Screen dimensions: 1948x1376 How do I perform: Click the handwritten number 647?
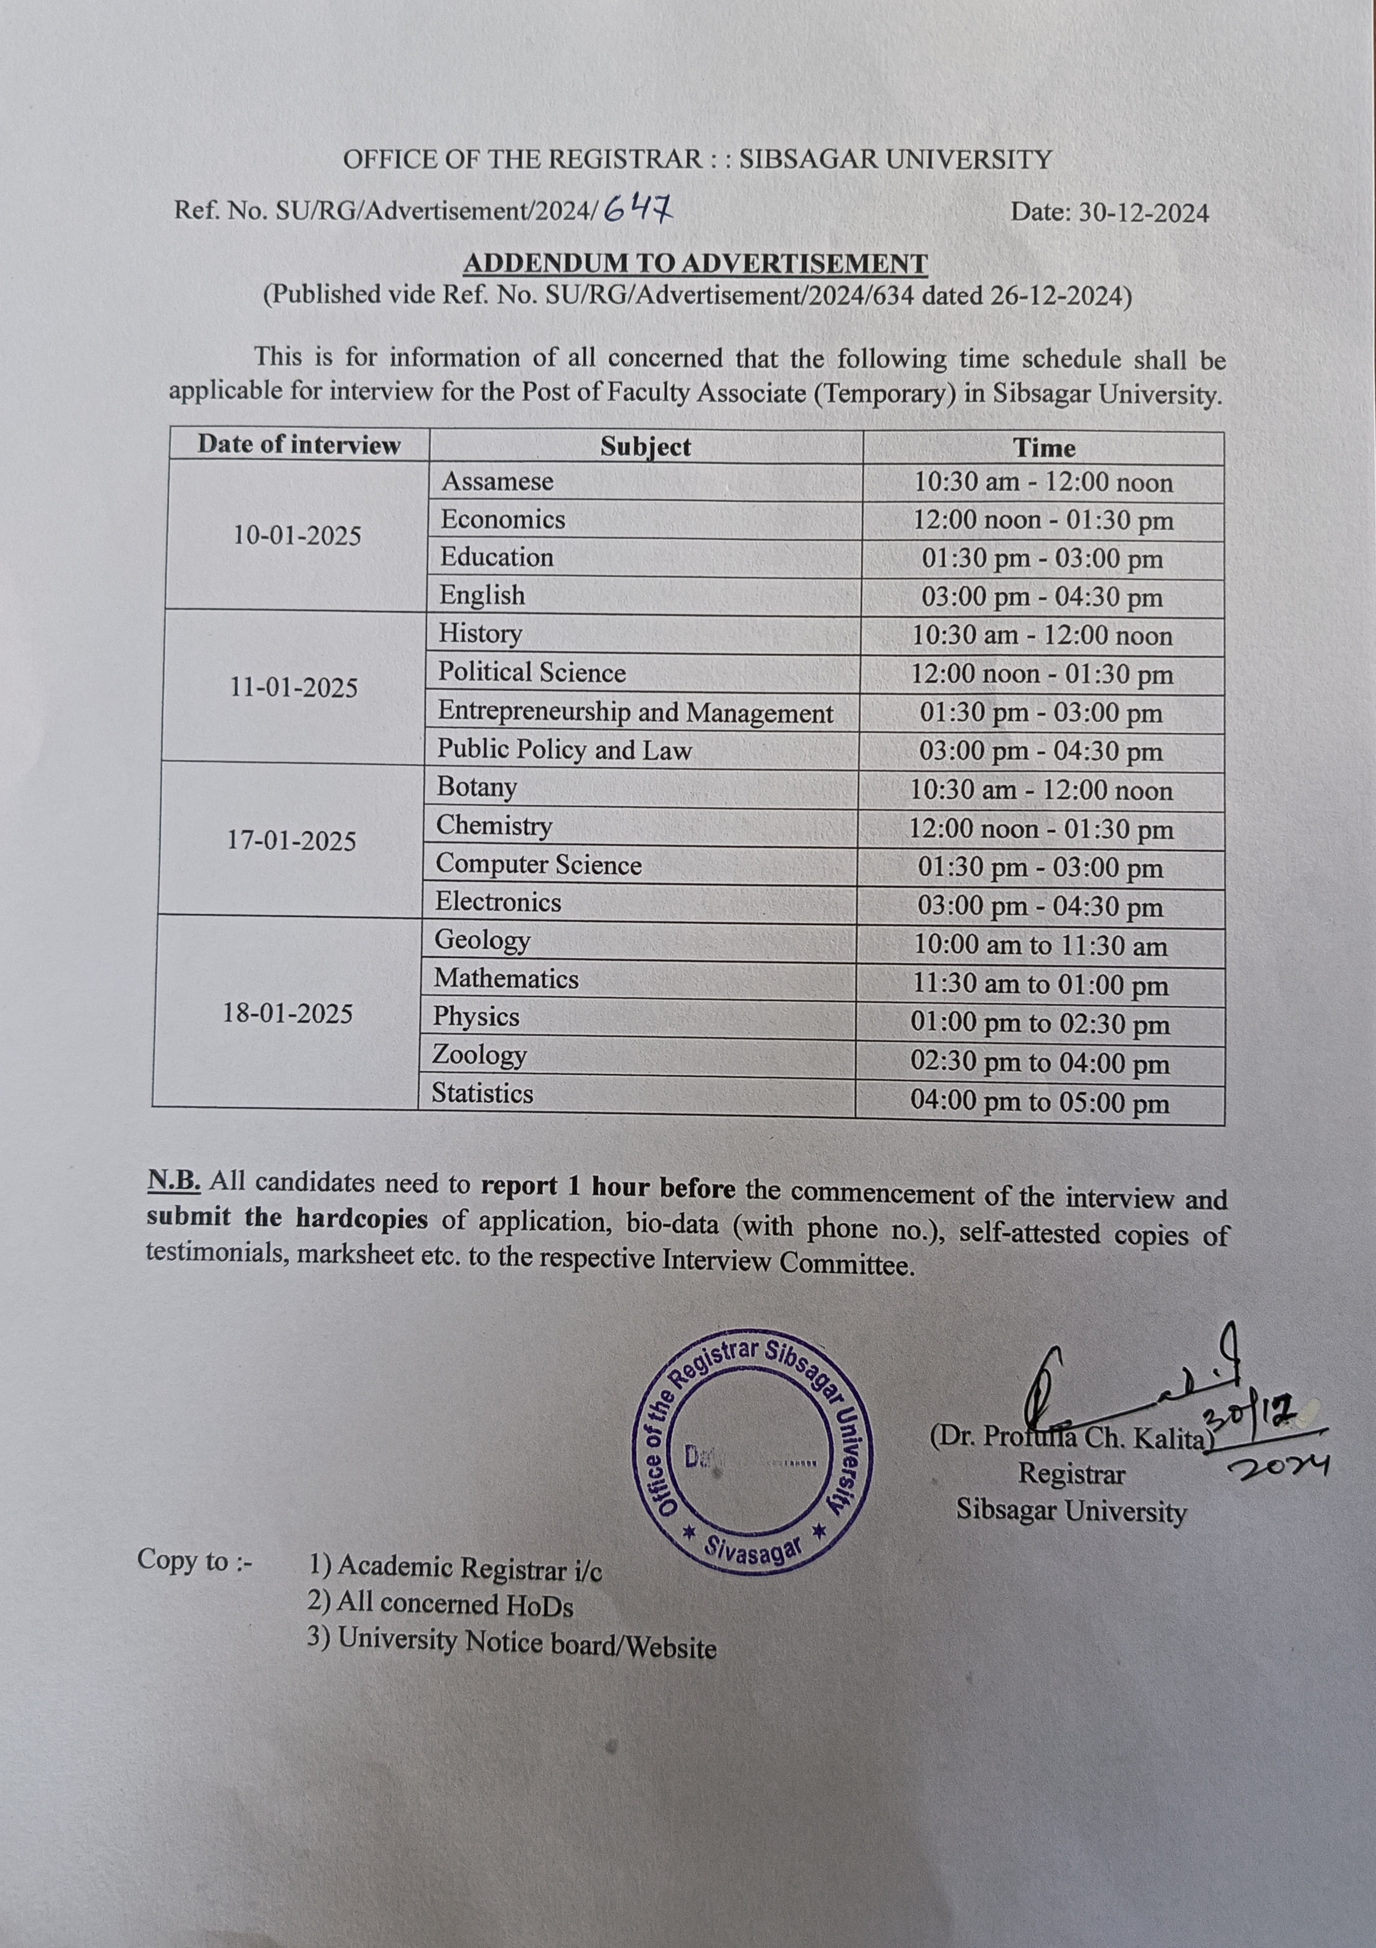637,207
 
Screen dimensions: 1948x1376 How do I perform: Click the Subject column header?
646,446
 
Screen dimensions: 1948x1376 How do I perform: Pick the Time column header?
1044,447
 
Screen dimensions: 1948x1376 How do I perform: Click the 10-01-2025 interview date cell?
297,535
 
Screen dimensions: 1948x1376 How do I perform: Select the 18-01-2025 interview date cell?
288,1013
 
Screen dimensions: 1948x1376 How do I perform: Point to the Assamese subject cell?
497,481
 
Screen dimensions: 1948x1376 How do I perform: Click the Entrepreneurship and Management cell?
635,712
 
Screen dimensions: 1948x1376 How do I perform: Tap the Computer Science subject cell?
539,865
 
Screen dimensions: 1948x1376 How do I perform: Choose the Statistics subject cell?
482,1093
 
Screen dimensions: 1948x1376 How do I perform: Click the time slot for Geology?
1040,945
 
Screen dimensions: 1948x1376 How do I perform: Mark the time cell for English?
1042,597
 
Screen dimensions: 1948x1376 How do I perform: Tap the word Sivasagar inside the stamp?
753,1550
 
